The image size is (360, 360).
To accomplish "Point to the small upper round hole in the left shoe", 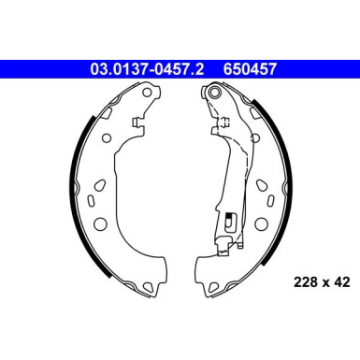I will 106,131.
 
